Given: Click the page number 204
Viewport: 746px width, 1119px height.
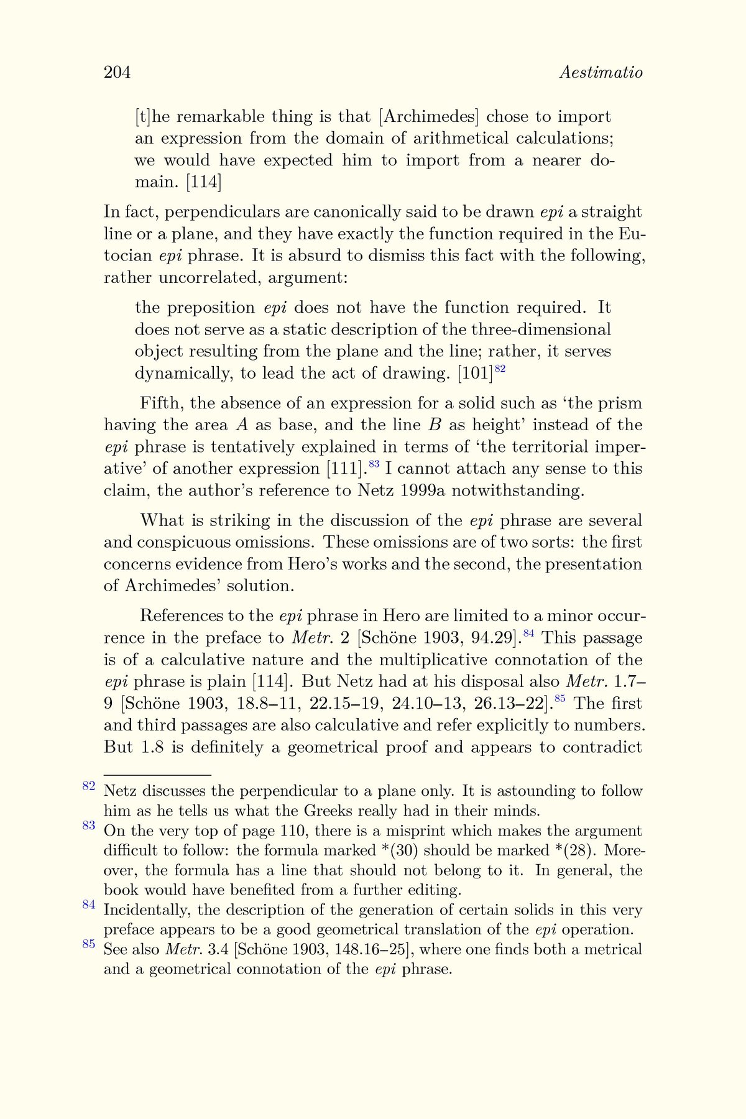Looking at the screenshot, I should [x=117, y=73].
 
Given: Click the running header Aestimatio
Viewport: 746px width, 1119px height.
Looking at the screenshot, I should [x=601, y=73].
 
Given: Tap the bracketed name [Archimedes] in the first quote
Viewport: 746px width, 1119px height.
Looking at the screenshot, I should [x=429, y=117].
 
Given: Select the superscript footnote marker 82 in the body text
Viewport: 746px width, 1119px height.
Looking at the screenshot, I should [x=500, y=369].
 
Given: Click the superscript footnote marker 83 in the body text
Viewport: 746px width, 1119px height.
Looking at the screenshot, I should [x=374, y=464].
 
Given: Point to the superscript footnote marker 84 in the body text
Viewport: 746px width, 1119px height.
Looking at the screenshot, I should [x=529, y=633].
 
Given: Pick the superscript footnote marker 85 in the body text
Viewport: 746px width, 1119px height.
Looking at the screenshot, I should [x=559, y=699].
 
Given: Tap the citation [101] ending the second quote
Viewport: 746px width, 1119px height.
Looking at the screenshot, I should [x=475, y=374].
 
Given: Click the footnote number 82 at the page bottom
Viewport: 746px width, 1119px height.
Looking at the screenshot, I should [x=88, y=786].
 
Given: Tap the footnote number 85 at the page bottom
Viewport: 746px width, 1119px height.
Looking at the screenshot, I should [x=88, y=945].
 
